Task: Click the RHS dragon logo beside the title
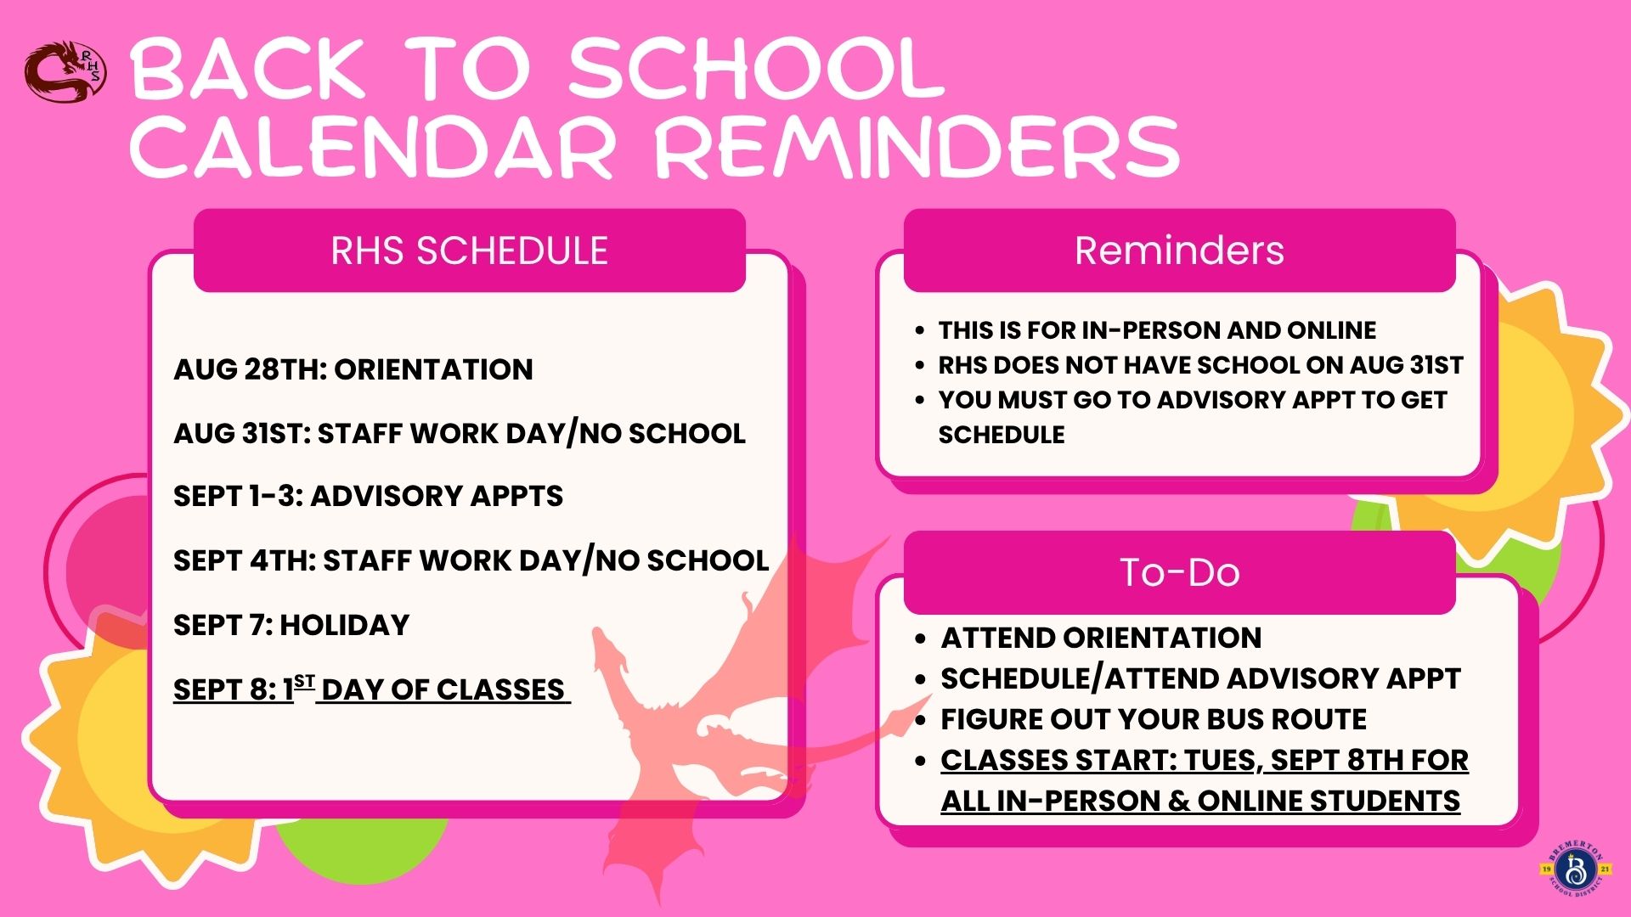[65, 72]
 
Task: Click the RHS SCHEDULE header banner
[470, 250]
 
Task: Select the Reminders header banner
[1179, 250]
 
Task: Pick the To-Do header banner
[1179, 572]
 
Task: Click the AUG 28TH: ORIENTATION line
[353, 369]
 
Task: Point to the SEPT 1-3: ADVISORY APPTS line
[368, 496]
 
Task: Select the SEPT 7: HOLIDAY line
[291, 625]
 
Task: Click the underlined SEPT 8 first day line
[371, 689]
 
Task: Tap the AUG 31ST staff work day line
[460, 434]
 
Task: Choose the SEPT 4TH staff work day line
[471, 560]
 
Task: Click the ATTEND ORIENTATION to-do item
[1101, 638]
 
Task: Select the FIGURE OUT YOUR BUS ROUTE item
[1154, 719]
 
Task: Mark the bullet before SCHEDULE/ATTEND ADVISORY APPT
[920, 680]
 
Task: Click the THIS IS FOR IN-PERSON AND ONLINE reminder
[1157, 329]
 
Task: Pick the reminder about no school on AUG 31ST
[1200, 365]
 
